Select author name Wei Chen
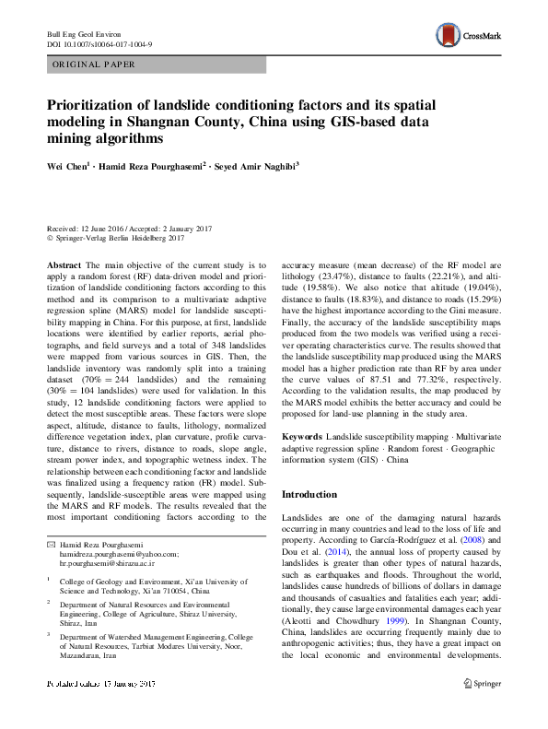[x=68, y=169]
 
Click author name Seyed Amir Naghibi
[x=267, y=169]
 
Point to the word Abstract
[x=64, y=265]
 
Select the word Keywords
[x=303, y=434]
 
